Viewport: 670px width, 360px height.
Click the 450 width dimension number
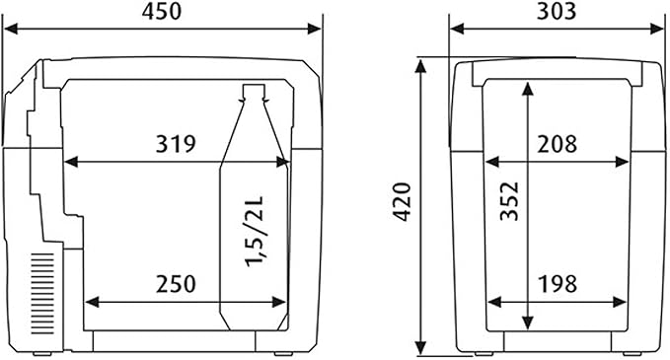point(162,12)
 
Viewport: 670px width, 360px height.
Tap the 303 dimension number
point(557,12)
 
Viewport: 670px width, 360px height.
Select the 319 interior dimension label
point(176,143)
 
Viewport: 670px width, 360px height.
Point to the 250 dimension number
point(176,284)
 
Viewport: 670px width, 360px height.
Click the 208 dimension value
point(558,144)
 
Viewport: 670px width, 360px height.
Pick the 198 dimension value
point(558,284)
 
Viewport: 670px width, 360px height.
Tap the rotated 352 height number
point(509,201)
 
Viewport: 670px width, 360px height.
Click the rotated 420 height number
point(402,202)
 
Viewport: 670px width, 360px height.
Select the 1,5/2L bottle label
point(255,232)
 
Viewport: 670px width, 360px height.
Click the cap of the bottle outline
point(254,92)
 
